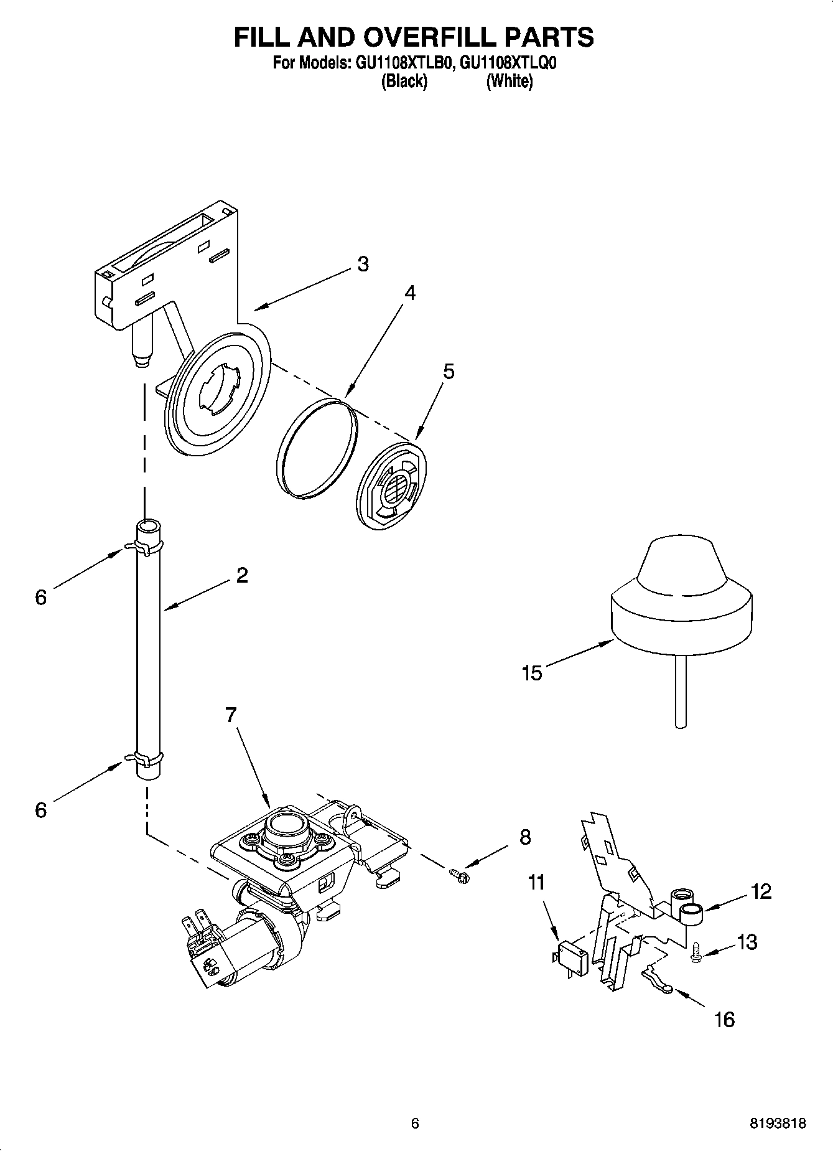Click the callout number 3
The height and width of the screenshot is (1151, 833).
tap(363, 264)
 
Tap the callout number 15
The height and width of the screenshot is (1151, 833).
tap(533, 673)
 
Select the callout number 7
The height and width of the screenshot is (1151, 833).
tap(231, 715)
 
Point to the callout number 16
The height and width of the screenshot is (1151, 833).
tap(725, 1019)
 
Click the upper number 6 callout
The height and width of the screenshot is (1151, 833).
tap(40, 598)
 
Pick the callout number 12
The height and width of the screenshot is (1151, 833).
tap(761, 891)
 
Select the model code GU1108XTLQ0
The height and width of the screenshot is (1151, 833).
tap(508, 63)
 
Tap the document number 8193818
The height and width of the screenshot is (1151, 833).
tap(778, 1124)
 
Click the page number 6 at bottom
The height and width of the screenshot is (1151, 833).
tap(415, 1124)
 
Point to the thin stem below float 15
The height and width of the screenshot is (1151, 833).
tap(681, 691)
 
